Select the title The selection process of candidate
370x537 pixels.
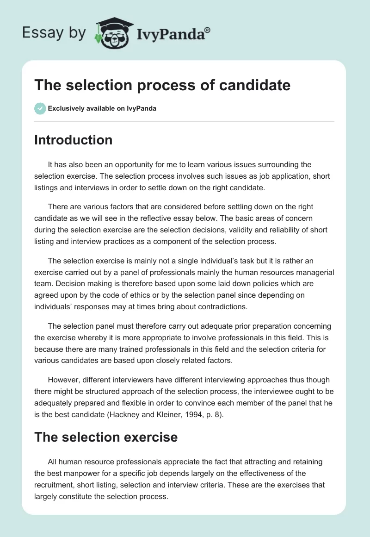(162, 85)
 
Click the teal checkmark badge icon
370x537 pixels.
(40, 109)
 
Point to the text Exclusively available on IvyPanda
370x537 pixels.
(102, 109)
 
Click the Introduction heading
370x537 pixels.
(73, 140)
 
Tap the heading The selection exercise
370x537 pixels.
(106, 437)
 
